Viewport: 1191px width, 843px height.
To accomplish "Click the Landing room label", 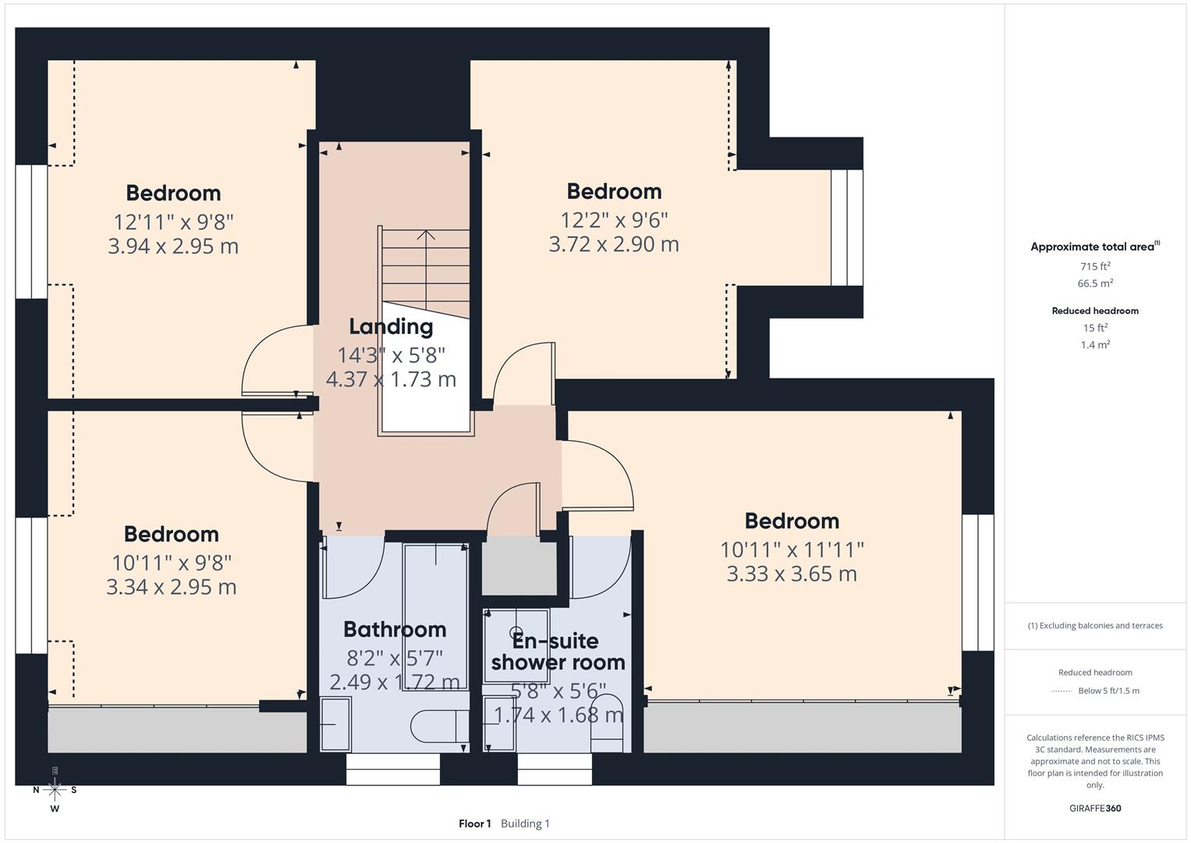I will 390,326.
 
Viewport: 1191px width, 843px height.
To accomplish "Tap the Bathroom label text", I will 395,629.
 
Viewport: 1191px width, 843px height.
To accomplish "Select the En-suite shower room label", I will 557,652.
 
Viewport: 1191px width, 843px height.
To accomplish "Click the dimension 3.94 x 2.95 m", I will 173,247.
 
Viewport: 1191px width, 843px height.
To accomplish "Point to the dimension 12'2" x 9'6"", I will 614,219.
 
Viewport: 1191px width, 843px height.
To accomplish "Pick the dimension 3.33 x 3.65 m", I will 792,574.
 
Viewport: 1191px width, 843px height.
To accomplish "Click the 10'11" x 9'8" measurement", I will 172,562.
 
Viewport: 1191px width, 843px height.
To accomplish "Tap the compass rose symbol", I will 55,790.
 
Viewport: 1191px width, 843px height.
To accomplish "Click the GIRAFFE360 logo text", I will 1095,808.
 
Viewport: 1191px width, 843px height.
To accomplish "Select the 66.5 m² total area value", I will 1095,283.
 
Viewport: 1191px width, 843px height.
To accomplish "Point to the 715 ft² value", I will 1095,266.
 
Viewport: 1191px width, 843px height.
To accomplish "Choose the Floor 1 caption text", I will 474,823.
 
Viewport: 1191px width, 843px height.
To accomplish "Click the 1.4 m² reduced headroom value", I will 1095,344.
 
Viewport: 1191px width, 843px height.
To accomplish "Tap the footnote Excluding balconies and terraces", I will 1095,625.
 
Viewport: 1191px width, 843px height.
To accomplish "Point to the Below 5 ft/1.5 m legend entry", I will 1108,691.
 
